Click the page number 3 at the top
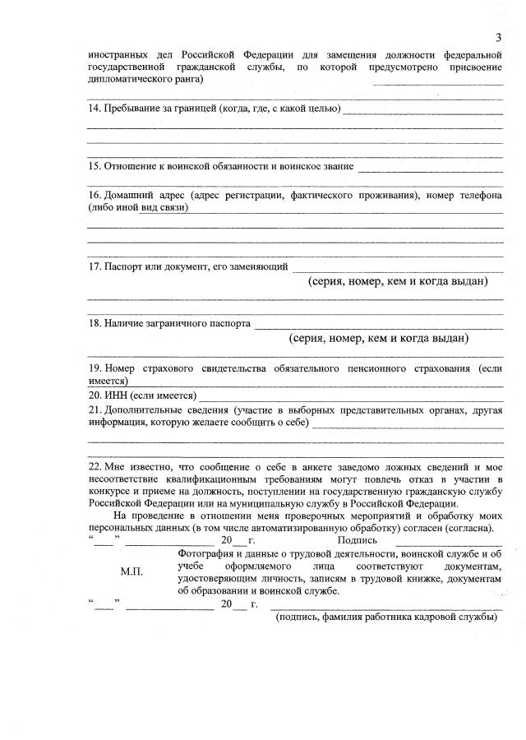498,37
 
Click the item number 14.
94,109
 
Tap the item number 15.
94,166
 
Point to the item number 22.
94,466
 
